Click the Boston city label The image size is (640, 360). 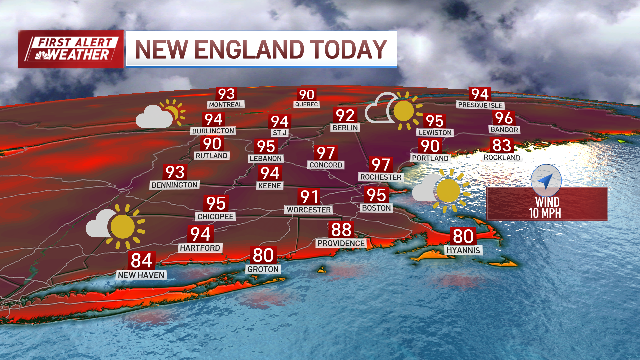click(x=376, y=208)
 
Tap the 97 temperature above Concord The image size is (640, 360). click(x=326, y=153)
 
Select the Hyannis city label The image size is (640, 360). click(x=463, y=250)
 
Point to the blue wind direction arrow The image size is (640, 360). click(x=546, y=181)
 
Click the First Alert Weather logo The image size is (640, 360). click(x=71, y=49)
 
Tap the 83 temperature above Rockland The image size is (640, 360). click(x=502, y=145)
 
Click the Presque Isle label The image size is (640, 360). click(x=480, y=105)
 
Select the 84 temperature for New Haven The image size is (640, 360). click(x=141, y=260)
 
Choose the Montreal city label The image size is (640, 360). click(x=226, y=104)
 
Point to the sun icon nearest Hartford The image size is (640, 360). click(x=123, y=227)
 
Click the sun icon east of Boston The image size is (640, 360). click(x=448, y=191)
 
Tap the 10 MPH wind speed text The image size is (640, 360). click(x=545, y=213)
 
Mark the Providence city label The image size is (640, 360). click(x=341, y=243)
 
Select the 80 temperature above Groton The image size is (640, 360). click(x=263, y=255)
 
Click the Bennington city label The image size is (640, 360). click(x=174, y=185)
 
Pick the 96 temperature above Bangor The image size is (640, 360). click(x=504, y=118)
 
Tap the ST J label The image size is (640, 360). click(x=280, y=133)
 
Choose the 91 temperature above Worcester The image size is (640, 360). click(x=309, y=197)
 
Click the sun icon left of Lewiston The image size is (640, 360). click(x=403, y=111)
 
